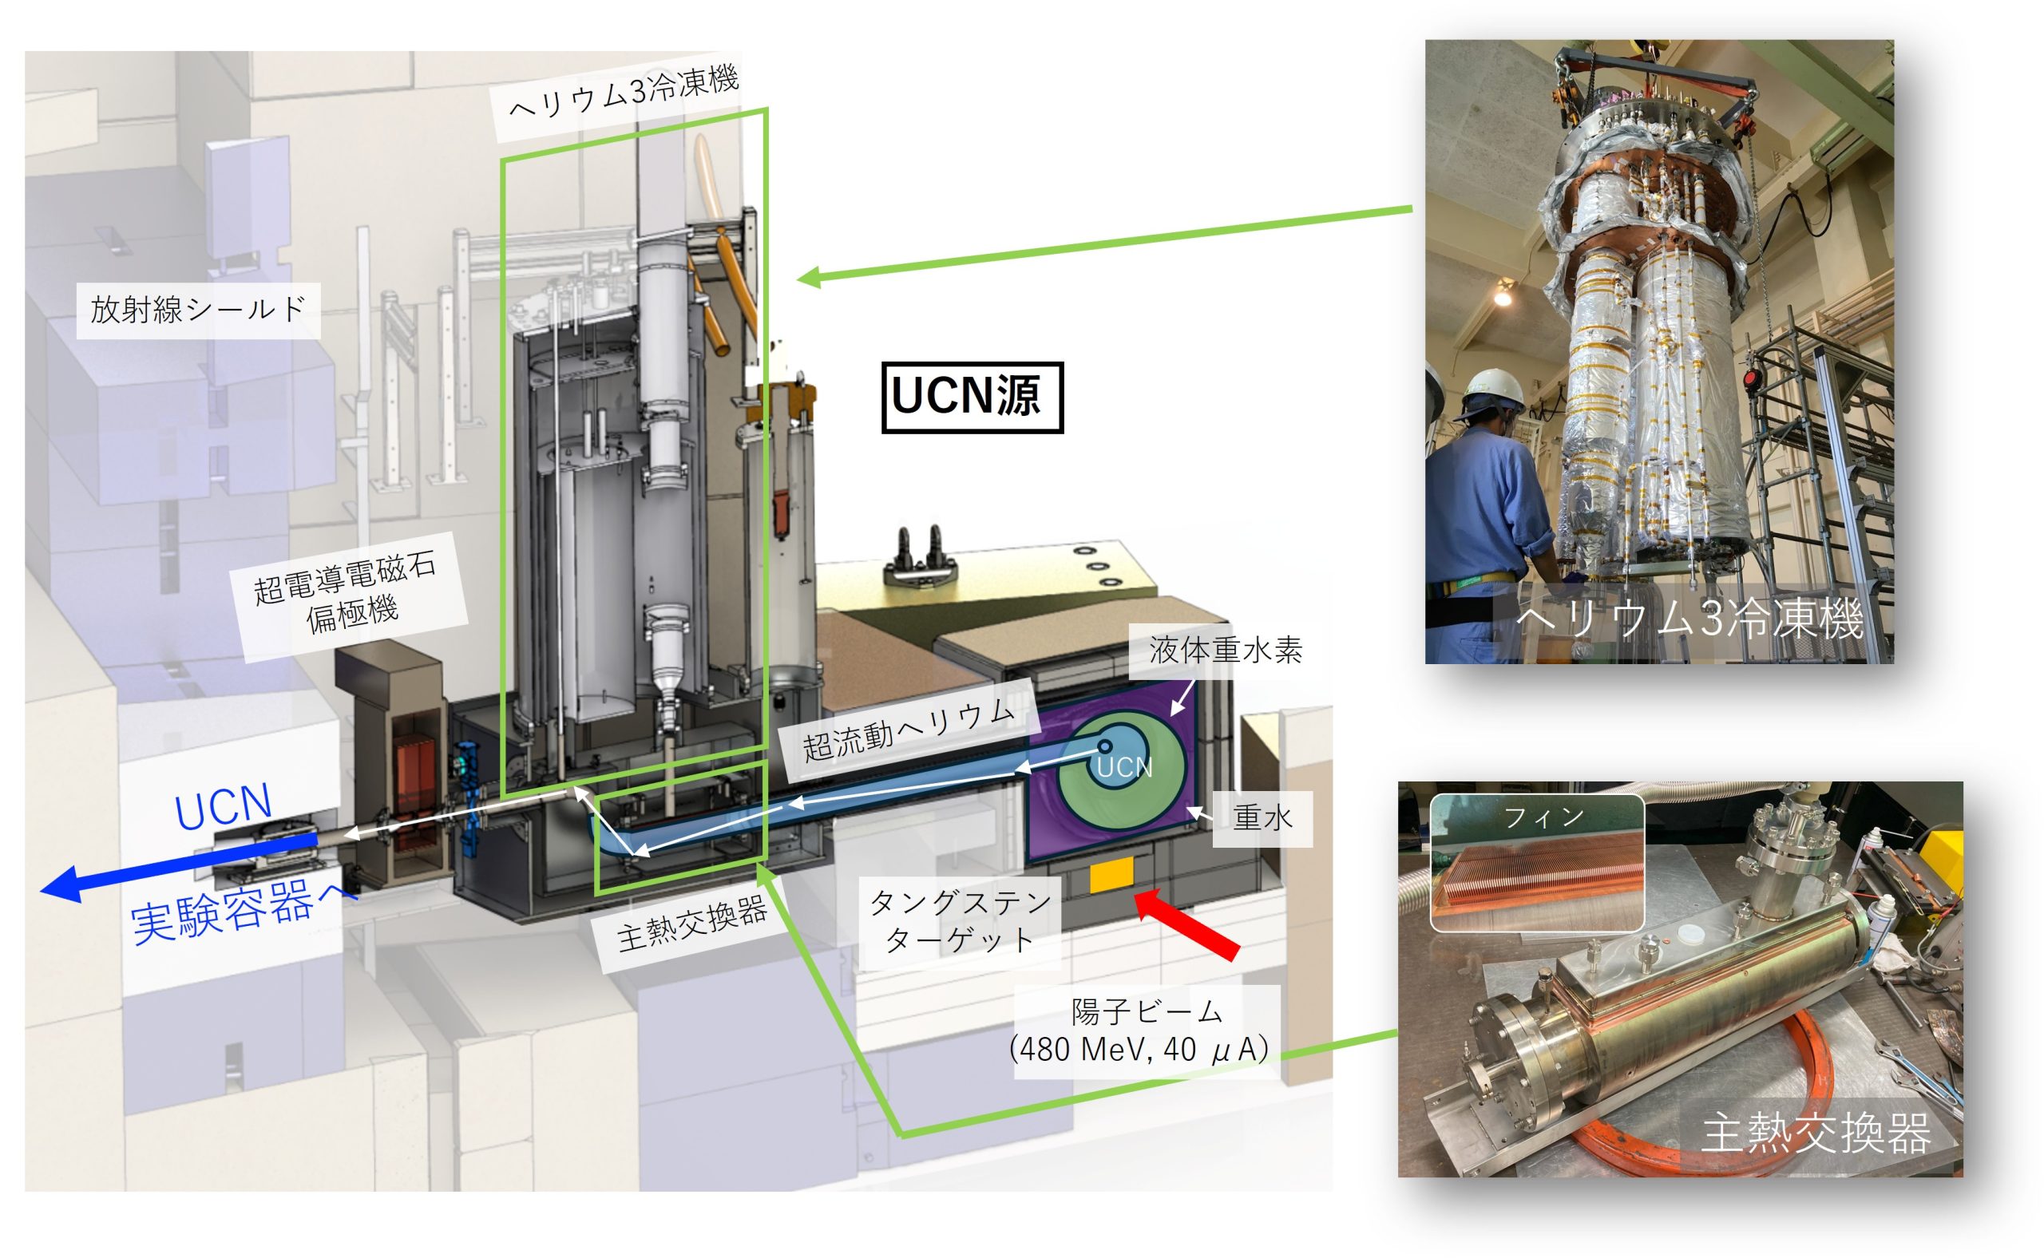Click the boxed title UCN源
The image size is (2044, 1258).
tap(972, 397)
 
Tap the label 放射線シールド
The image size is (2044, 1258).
tap(198, 310)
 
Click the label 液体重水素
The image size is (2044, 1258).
tap(1225, 650)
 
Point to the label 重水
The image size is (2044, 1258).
tap(1262, 818)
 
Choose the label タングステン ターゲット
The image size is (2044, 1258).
tap(960, 920)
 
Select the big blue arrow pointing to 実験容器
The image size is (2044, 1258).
tap(179, 868)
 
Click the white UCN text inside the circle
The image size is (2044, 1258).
tap(1124, 766)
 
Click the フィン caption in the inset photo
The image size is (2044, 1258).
tap(1542, 818)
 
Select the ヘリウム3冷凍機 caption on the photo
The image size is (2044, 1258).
tap(1689, 618)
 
